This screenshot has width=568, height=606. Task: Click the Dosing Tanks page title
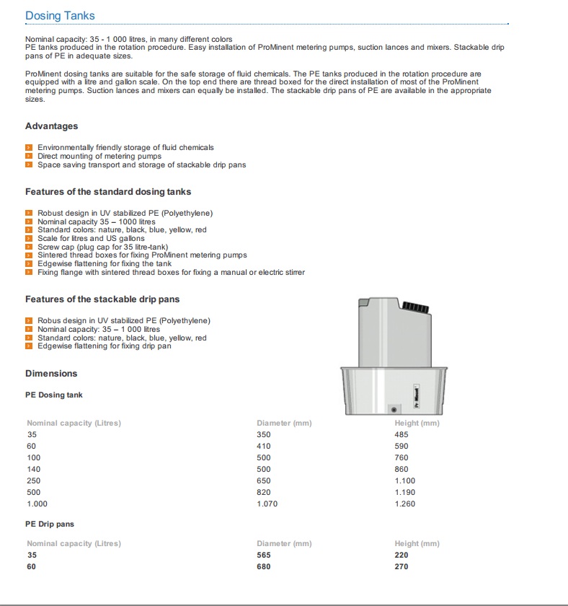pos(60,15)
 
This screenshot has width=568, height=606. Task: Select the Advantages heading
pos(51,126)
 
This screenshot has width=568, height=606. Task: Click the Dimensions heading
pos(51,374)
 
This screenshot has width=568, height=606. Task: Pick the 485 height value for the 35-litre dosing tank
pos(401,434)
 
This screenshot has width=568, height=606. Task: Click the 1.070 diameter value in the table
pos(267,504)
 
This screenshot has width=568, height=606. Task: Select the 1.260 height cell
pos(405,504)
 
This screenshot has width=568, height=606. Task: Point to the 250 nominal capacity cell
pos(34,480)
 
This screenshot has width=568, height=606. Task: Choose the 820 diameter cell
pos(264,492)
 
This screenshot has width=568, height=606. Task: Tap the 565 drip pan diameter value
pos(264,555)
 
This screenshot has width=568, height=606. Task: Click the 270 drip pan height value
pos(401,566)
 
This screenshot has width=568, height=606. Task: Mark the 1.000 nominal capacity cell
pos(37,504)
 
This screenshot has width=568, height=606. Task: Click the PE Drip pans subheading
pos(50,524)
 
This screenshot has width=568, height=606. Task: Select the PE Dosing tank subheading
pos(54,395)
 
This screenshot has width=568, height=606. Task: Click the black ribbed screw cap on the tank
pos(415,308)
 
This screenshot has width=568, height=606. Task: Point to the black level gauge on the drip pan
pos(415,395)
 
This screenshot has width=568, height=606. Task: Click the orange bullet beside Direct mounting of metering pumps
pos(29,156)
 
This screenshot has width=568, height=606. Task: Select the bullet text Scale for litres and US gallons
pos(91,238)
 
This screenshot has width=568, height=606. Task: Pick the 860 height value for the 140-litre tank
pos(401,469)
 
